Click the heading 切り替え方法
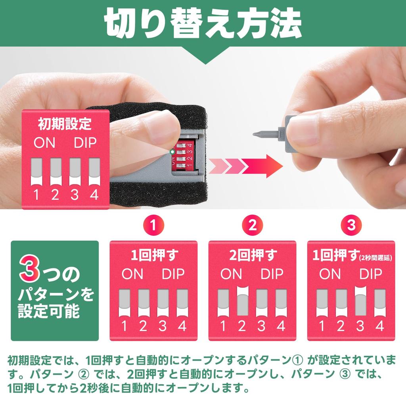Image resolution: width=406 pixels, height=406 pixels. click(x=203, y=23)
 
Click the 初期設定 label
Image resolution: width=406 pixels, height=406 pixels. click(x=65, y=124)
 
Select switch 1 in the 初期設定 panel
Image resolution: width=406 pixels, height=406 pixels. click(x=36, y=172)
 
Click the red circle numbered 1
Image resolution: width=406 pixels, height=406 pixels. click(x=153, y=225)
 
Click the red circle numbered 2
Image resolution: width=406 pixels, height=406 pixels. click(x=253, y=225)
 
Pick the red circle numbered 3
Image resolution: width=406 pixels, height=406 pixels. click(x=351, y=225)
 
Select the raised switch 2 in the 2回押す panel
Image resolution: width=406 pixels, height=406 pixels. click(x=243, y=301)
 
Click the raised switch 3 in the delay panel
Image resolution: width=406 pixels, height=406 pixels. click(x=360, y=301)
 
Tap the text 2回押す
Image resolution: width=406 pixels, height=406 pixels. click(x=253, y=255)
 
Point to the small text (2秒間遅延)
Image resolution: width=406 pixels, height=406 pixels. click(x=376, y=258)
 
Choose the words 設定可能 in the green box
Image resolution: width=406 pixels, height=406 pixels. click(x=49, y=311)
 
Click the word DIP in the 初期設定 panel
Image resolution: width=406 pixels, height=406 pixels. click(x=85, y=142)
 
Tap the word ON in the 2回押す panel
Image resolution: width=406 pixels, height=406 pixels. click(x=231, y=274)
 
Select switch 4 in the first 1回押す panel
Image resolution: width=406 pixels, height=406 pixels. click(x=182, y=303)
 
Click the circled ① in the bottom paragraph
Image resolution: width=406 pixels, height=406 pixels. click(x=297, y=360)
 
